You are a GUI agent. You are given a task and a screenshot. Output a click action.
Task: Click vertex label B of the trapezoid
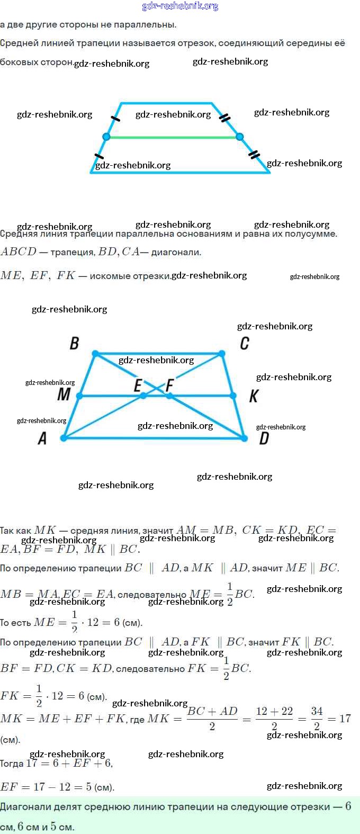click(75, 343)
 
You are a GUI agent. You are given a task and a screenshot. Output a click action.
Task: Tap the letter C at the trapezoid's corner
click(244, 343)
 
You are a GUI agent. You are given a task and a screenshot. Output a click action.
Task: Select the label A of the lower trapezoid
click(42, 438)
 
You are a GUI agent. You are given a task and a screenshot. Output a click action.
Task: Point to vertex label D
click(264, 438)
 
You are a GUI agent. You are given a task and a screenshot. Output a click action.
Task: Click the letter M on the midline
click(64, 394)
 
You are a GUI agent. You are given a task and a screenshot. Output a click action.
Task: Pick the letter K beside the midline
click(254, 396)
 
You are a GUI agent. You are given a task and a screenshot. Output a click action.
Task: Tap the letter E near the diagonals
click(138, 385)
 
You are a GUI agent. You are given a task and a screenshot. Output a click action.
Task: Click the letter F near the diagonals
click(169, 385)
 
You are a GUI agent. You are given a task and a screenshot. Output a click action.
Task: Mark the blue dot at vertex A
click(64, 438)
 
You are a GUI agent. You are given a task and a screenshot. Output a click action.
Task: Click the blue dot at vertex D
click(244, 438)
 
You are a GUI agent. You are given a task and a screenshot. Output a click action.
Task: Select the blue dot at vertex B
click(95, 353)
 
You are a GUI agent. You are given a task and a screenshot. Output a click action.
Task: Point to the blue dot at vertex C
click(222, 353)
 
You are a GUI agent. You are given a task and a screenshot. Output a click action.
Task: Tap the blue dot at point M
click(79, 396)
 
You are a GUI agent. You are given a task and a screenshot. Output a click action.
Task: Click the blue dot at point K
click(233, 396)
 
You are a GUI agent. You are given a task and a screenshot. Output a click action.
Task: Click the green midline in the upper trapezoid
click(173, 137)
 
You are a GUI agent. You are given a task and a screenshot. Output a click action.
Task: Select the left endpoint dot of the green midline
click(106, 137)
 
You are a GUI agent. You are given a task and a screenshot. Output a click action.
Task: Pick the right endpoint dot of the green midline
click(240, 137)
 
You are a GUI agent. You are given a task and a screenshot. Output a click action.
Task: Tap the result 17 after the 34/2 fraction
click(345, 719)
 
